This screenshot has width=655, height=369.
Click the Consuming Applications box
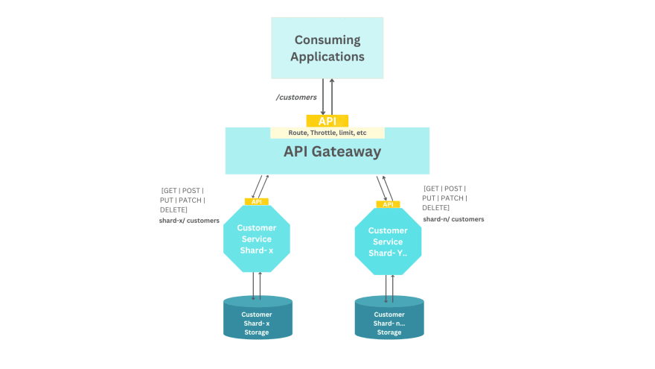pos(327,48)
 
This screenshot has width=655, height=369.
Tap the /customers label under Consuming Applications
pos(296,98)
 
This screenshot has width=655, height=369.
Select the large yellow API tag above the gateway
pos(327,121)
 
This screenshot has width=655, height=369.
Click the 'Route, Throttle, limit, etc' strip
pos(327,133)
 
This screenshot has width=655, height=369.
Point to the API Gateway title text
pos(332,152)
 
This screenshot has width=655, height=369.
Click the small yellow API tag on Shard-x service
pos(256,201)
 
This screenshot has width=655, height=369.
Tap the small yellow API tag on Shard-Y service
pos(388,204)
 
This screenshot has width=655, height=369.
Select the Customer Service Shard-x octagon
pos(256,239)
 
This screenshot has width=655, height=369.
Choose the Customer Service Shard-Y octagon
pos(388,242)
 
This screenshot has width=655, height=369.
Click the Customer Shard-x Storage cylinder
pos(258,319)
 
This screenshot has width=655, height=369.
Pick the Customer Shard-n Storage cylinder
pos(389,321)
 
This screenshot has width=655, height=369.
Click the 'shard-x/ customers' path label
pos(189,221)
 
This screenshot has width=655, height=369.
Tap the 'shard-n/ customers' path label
pos(453,219)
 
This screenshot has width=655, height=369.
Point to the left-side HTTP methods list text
pos(183,200)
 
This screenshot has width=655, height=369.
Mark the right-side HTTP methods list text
pos(444,198)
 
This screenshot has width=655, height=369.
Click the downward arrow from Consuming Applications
pos(323,96)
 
